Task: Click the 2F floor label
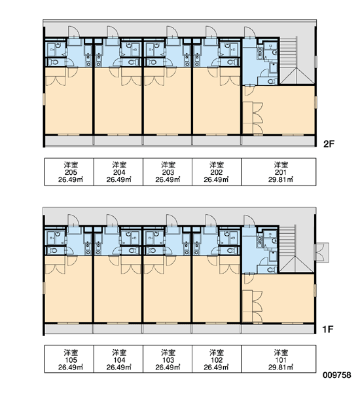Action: click(x=329, y=144)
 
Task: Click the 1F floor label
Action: click(x=328, y=329)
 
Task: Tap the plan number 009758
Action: click(x=337, y=375)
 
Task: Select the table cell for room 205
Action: click(x=69, y=172)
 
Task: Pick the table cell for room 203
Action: click(x=168, y=172)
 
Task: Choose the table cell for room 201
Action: click(x=279, y=172)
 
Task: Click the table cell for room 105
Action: click(x=69, y=359)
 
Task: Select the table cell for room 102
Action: click(x=217, y=359)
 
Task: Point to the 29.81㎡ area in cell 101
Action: click(x=281, y=367)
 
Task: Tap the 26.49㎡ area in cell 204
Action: click(x=119, y=179)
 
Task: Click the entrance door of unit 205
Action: click(x=74, y=32)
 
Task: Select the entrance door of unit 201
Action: click(x=250, y=32)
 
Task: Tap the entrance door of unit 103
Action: click(x=172, y=221)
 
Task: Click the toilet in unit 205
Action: click(x=52, y=62)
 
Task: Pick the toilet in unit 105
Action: click(x=52, y=250)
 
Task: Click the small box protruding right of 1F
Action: click(x=322, y=252)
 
